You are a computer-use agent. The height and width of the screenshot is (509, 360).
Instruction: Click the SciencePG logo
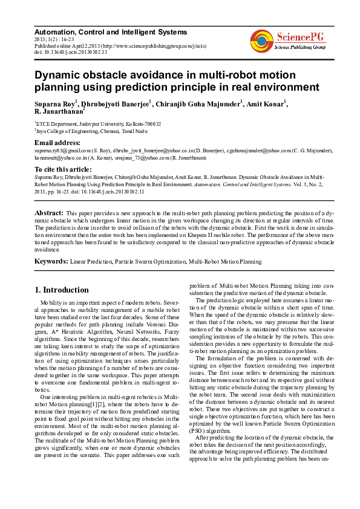pos(287,41)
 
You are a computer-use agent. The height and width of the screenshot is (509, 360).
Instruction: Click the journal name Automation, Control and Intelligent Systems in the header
pos(111,31)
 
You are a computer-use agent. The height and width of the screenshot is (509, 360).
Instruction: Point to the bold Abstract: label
pos(48,213)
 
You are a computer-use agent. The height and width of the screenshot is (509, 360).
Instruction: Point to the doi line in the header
pos(71,52)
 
